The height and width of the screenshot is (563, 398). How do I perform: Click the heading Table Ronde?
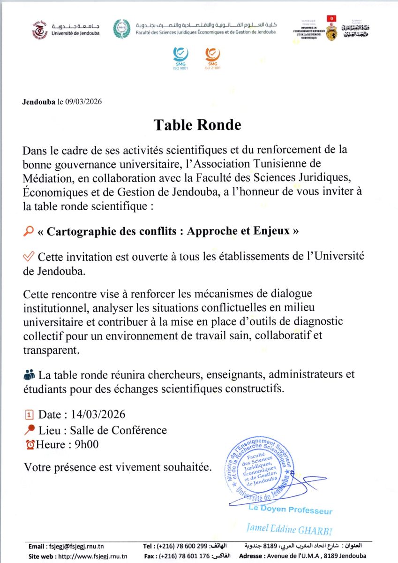pos(197,125)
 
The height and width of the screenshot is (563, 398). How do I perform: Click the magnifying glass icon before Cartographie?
pos(28,231)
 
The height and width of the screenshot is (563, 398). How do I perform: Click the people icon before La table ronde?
pos(29,375)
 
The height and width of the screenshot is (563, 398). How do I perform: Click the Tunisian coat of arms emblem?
pos(332,29)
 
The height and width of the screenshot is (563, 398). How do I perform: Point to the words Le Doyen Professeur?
pos(290,510)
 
